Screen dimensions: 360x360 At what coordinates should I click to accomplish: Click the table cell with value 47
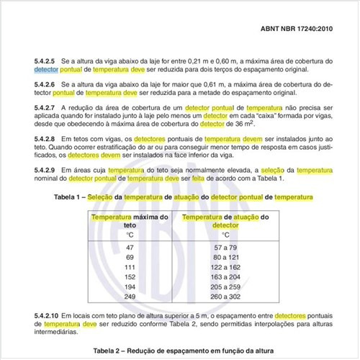pyautogui.click(x=130, y=247)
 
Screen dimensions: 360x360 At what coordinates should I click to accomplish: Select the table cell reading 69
pyautogui.click(x=130, y=257)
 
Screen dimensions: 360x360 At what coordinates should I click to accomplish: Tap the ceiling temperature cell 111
pyautogui.click(x=130, y=267)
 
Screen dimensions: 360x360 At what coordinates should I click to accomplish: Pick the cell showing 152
pyautogui.click(x=130, y=277)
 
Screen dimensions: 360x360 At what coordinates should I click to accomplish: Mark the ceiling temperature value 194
pyautogui.click(x=130, y=287)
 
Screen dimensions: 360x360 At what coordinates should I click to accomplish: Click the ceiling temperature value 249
pyautogui.click(x=130, y=297)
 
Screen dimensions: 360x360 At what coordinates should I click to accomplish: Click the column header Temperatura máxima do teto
pyautogui.click(x=130, y=220)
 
